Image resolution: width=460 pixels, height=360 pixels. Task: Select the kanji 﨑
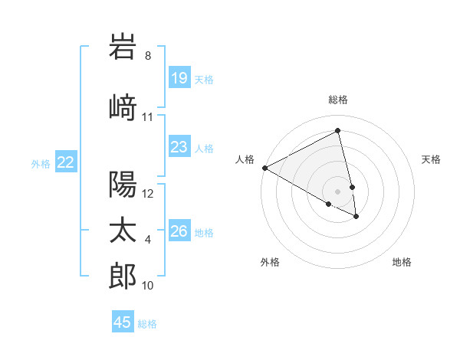coord(123,107)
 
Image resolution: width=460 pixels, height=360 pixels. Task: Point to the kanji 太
coord(123,231)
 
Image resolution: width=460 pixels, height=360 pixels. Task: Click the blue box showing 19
coord(179,78)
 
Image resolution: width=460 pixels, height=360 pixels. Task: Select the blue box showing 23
coord(179,147)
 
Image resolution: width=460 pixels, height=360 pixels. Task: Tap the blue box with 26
coord(179,231)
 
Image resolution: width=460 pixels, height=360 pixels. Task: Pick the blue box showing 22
coord(66,162)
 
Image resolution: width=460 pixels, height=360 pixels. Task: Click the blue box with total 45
coord(123,322)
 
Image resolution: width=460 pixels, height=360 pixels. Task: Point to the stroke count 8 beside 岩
coord(148,56)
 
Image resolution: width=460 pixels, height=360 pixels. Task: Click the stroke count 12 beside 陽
coord(149,194)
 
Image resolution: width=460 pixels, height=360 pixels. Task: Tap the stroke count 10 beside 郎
coord(149,286)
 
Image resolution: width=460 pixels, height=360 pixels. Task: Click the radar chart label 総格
coord(338,100)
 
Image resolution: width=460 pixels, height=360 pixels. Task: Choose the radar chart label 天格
coord(432,159)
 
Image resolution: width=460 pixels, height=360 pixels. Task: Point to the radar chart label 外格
coord(270,263)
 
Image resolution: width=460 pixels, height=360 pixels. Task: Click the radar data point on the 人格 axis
coord(264,167)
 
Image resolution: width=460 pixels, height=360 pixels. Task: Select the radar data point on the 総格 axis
coord(338,131)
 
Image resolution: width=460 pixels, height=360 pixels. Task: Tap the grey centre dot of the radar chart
coord(338,191)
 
